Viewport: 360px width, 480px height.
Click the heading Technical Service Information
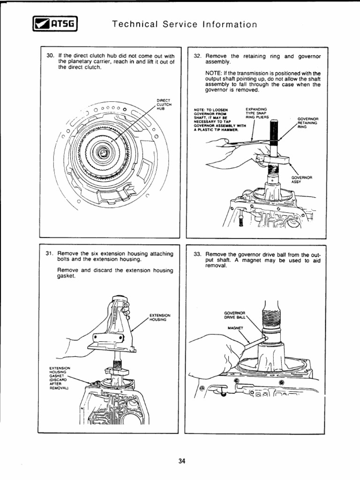185,24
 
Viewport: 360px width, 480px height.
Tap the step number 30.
51,55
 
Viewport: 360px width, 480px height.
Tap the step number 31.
51,254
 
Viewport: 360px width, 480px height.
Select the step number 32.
198,56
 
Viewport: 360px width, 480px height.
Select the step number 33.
198,254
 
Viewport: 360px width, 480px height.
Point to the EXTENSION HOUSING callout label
160,317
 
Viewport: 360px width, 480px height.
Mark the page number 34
182,462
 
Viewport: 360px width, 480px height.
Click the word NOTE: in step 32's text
214,73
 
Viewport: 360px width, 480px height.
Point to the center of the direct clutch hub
104,152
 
